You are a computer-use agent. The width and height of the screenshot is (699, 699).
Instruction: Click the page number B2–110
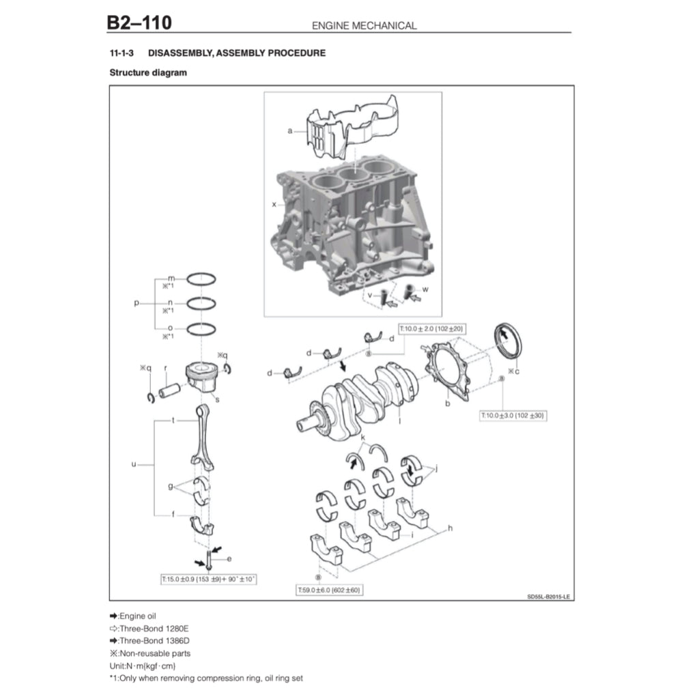pyautogui.click(x=139, y=23)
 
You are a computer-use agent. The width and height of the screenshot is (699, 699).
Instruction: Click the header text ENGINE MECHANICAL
pyautogui.click(x=364, y=26)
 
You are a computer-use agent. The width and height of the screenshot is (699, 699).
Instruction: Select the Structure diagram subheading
pyautogui.click(x=148, y=72)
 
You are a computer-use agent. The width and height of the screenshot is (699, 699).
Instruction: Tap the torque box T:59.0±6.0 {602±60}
pyautogui.click(x=329, y=590)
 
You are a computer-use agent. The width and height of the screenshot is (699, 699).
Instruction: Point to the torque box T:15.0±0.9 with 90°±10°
pyautogui.click(x=208, y=579)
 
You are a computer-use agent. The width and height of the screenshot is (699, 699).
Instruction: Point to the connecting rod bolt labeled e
pyautogui.click(x=208, y=561)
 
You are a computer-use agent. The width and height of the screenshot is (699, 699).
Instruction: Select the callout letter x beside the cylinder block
pyautogui.click(x=274, y=204)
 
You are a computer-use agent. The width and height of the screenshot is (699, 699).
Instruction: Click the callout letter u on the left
pyautogui.click(x=134, y=464)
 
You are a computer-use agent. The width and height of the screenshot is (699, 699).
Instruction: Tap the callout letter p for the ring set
pyautogui.click(x=137, y=302)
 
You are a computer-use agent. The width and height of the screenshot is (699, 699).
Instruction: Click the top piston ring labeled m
pyautogui.click(x=201, y=279)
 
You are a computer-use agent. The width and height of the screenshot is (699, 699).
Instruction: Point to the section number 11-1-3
pyautogui.click(x=121, y=53)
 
